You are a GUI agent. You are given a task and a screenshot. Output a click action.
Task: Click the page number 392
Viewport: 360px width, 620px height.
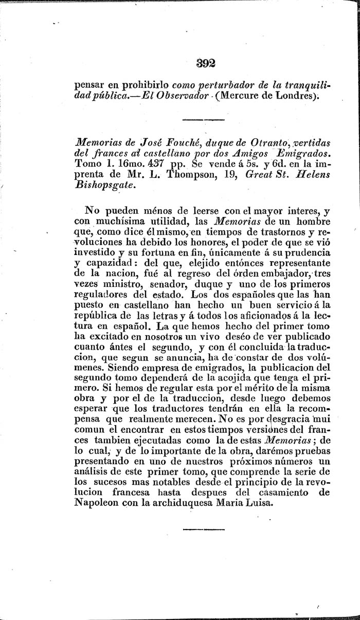pos(205,64)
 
